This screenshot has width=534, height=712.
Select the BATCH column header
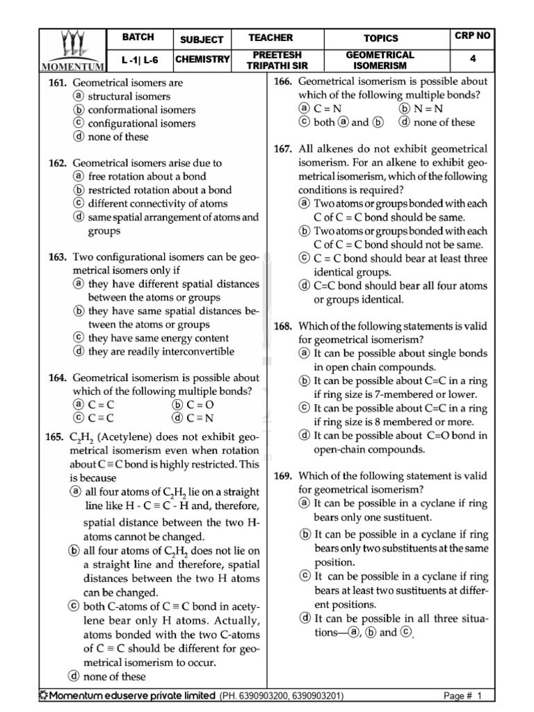tap(138, 38)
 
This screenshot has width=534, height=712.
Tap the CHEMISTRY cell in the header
tap(202, 60)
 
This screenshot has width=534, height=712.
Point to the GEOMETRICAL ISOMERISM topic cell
tap(380, 60)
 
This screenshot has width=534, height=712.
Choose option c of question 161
tap(79, 123)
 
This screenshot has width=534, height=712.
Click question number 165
tap(56, 437)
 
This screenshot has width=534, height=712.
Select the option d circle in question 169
tap(305, 618)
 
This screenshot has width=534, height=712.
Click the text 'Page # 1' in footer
tap(462, 696)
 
